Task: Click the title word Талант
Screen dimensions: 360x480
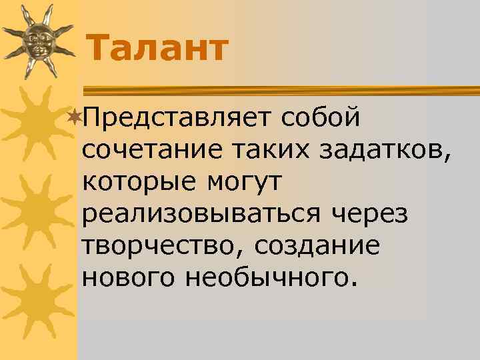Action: pos(157,49)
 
